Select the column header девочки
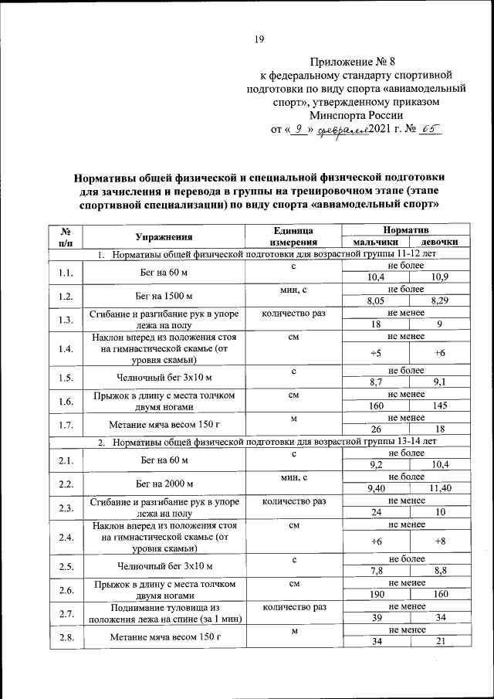pyautogui.click(x=439, y=243)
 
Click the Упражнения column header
pyautogui.click(x=163, y=237)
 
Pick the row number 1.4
pyautogui.click(x=66, y=349)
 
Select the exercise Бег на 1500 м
pyautogui.click(x=163, y=295)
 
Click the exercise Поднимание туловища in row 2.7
pyautogui.click(x=163, y=613)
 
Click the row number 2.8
pyautogui.click(x=66, y=637)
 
